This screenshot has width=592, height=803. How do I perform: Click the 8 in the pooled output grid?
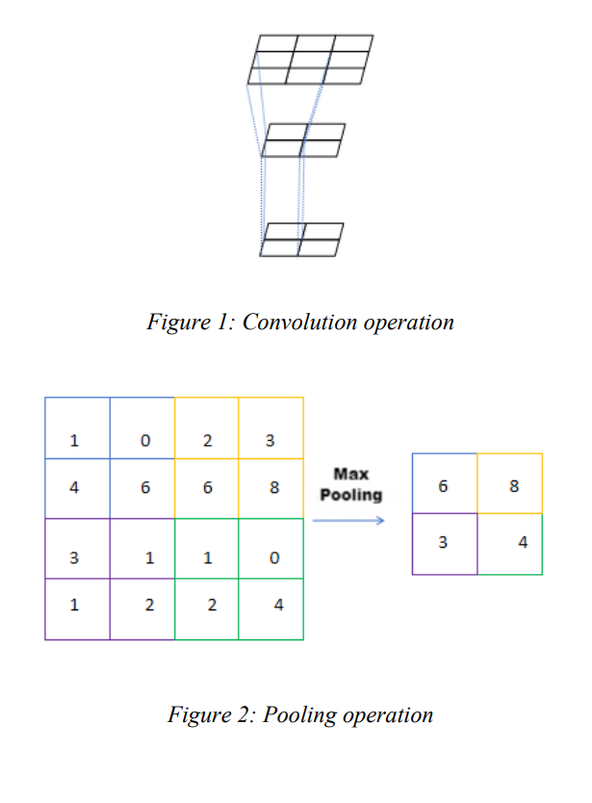(x=514, y=486)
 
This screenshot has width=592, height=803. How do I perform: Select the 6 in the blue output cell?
(x=443, y=486)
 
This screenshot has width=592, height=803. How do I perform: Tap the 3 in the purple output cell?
(x=443, y=542)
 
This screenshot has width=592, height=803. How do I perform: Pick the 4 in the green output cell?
(x=523, y=542)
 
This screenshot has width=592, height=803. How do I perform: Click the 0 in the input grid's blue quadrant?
(x=145, y=442)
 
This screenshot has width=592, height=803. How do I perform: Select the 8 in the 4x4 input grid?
(x=274, y=487)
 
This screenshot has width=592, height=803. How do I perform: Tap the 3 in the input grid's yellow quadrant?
(x=270, y=442)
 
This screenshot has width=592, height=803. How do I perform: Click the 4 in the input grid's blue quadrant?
(x=74, y=487)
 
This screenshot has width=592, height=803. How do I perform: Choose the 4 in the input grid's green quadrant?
(x=278, y=606)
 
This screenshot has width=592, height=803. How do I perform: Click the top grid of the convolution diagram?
(x=310, y=60)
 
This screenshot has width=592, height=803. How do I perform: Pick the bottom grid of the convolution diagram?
(x=301, y=239)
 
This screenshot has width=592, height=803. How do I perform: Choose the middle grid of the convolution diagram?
(x=303, y=141)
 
